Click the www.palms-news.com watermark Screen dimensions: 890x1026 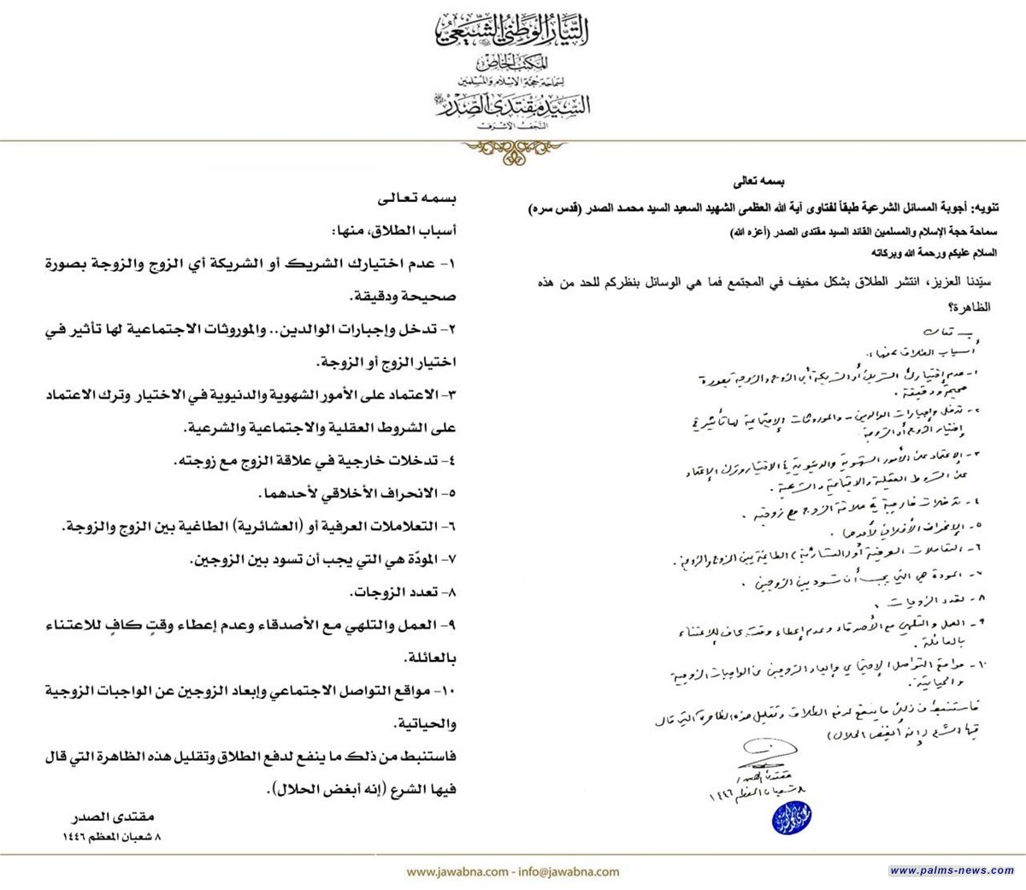952,870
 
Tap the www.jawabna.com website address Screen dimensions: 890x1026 457,872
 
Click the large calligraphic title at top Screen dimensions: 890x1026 513,31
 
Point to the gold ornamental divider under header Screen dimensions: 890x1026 512,146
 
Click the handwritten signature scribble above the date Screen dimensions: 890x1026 765,753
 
